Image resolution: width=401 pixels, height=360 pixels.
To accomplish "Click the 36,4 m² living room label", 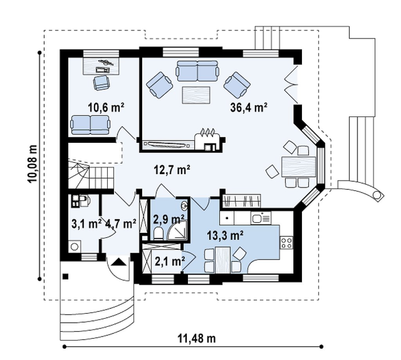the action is (x=249, y=107).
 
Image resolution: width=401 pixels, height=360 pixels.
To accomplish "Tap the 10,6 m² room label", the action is (x=106, y=107).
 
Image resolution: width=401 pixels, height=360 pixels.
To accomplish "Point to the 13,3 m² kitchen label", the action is (x=225, y=236).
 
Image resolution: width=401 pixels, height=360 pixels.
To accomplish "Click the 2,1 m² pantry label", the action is (x=170, y=261).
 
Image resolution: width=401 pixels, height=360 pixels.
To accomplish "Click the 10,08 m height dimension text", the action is (x=33, y=165).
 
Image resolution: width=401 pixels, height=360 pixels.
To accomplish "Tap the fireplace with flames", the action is (x=207, y=140).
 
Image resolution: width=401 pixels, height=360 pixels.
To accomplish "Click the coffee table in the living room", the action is (x=196, y=95).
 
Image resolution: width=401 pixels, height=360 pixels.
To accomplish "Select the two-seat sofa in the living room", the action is (x=197, y=71).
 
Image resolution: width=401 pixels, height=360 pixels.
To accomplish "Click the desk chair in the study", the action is (x=101, y=83).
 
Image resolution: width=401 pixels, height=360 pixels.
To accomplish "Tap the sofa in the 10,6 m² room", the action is (x=91, y=124).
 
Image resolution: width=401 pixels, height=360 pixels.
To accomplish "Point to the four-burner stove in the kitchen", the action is (x=286, y=242).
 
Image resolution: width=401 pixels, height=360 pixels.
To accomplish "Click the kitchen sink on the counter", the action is (x=261, y=218).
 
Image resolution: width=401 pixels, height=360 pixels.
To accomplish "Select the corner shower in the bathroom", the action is (x=177, y=229).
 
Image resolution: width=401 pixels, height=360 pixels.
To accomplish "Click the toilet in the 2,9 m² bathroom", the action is (x=158, y=233).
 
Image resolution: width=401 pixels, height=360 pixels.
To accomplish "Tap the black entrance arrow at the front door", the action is (x=120, y=262).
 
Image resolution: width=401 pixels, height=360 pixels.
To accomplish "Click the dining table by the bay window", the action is (x=298, y=167).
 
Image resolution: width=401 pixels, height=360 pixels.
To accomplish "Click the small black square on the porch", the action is (x=66, y=276).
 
